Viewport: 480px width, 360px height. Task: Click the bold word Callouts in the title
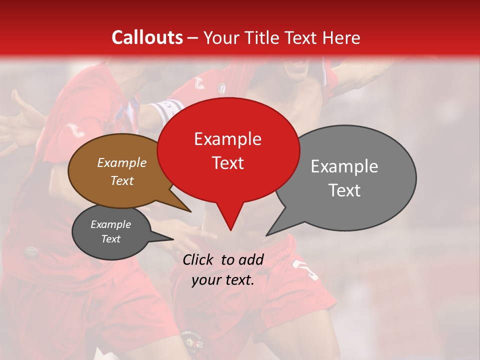[x=147, y=37]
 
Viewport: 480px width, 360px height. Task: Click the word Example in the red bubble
[x=227, y=139]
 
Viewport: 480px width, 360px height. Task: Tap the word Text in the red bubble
[x=228, y=163]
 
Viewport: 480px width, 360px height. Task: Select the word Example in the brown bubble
[x=122, y=162]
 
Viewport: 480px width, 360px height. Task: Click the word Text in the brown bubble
[x=122, y=180]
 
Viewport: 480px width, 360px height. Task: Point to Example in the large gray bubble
[x=344, y=166]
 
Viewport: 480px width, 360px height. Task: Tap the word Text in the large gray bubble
[x=344, y=190]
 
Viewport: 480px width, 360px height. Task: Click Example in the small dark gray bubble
[x=110, y=224]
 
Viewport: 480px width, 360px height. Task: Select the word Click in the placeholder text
[x=199, y=259]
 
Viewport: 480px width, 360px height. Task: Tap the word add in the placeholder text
[x=251, y=259]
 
